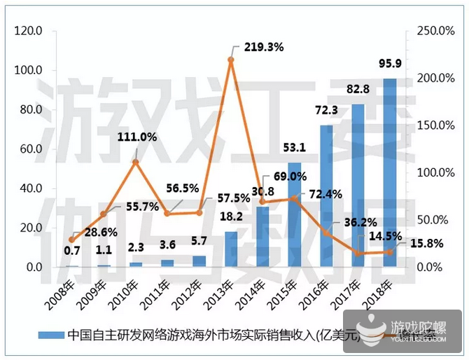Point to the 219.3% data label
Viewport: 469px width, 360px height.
click(x=264, y=48)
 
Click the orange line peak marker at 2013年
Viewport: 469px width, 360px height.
click(x=231, y=60)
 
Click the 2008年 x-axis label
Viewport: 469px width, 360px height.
click(x=62, y=289)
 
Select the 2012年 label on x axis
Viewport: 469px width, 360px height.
click(x=188, y=289)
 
